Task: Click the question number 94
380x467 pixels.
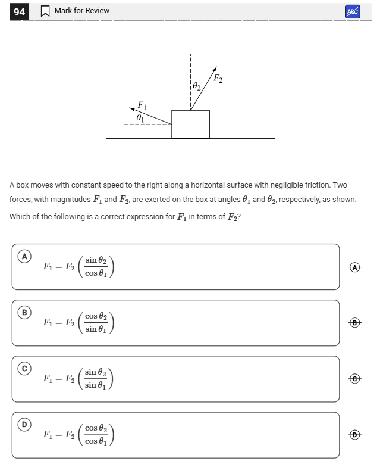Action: [19, 11]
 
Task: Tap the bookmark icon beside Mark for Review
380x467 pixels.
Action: [45, 11]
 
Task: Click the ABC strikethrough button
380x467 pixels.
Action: [352, 11]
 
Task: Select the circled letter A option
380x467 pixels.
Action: [24, 256]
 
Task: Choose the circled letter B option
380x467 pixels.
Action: [24, 312]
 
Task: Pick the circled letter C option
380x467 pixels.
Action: [24, 369]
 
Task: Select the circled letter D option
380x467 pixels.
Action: [24, 425]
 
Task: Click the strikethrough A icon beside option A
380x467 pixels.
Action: [356, 267]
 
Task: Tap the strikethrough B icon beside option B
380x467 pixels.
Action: [356, 323]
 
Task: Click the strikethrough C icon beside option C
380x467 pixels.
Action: [356, 379]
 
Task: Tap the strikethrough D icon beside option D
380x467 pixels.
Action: [356, 435]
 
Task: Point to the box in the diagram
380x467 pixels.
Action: [190, 124]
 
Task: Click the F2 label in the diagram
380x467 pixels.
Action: [218, 79]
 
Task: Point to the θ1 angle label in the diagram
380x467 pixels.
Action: [140, 118]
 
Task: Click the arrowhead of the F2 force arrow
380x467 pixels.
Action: [215, 68]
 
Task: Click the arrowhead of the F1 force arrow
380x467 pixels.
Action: [133, 108]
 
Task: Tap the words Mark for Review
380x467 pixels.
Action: [81, 11]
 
